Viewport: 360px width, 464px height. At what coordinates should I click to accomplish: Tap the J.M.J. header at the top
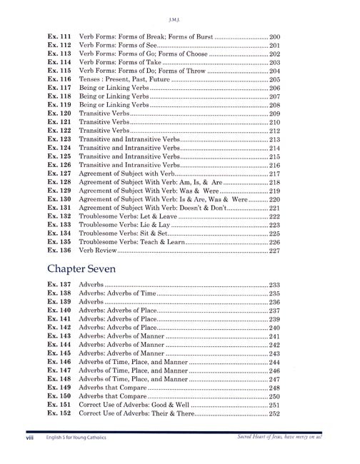click(179, 11)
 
